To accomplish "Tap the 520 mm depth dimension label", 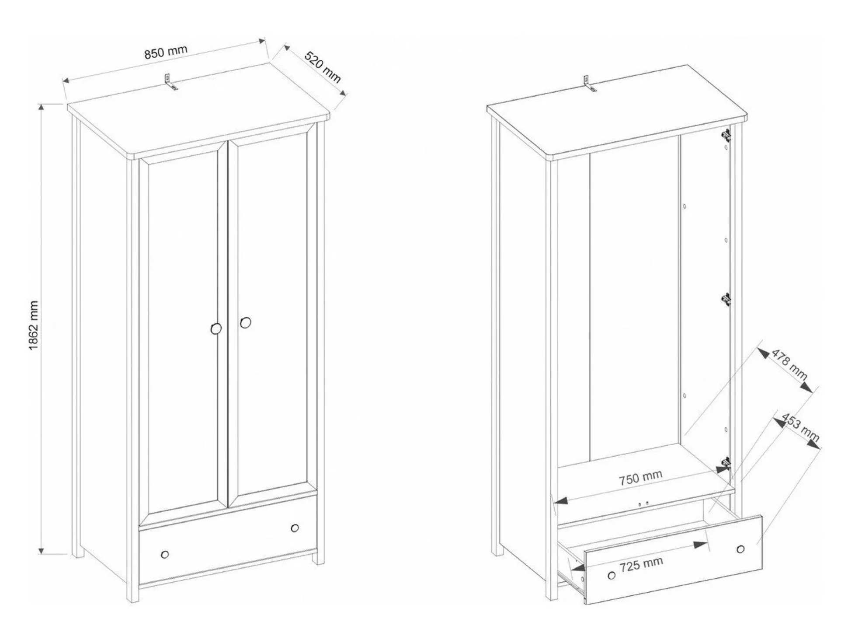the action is (323, 67).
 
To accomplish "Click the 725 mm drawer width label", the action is (641, 564).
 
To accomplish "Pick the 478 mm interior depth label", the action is (789, 364).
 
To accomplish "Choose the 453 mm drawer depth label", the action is (800, 427).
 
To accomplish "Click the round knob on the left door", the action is (216, 328).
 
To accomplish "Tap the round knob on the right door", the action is (246, 322).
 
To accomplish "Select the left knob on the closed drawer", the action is (165, 555).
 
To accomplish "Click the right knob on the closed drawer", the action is (295, 528).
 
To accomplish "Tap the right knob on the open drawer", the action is (740, 549).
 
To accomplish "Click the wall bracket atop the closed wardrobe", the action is (171, 82).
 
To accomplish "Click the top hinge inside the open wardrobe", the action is (726, 136).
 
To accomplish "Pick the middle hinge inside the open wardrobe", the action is (726, 300).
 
